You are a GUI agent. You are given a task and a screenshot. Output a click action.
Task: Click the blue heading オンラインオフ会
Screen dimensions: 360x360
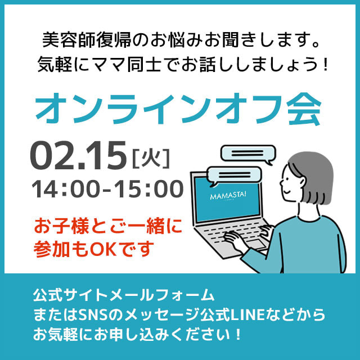178,109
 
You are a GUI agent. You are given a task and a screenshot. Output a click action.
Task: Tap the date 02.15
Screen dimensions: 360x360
78,155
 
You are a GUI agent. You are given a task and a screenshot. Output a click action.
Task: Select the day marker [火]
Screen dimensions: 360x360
151,159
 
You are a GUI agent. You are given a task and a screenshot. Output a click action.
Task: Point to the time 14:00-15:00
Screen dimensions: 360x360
107,189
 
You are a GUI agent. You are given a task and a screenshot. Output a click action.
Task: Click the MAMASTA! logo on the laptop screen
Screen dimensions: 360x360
228,196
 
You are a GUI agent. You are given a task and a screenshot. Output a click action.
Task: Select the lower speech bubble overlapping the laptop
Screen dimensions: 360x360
234,175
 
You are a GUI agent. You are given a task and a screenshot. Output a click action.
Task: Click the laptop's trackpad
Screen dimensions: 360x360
256,244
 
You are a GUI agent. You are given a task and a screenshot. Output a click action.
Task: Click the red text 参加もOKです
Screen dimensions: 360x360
93,249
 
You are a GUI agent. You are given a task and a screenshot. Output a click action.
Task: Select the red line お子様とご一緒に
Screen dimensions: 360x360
108,226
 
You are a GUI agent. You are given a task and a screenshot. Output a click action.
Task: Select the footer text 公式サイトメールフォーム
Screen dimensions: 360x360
124,295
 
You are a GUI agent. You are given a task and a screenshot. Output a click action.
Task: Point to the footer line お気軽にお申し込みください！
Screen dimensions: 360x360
137,335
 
